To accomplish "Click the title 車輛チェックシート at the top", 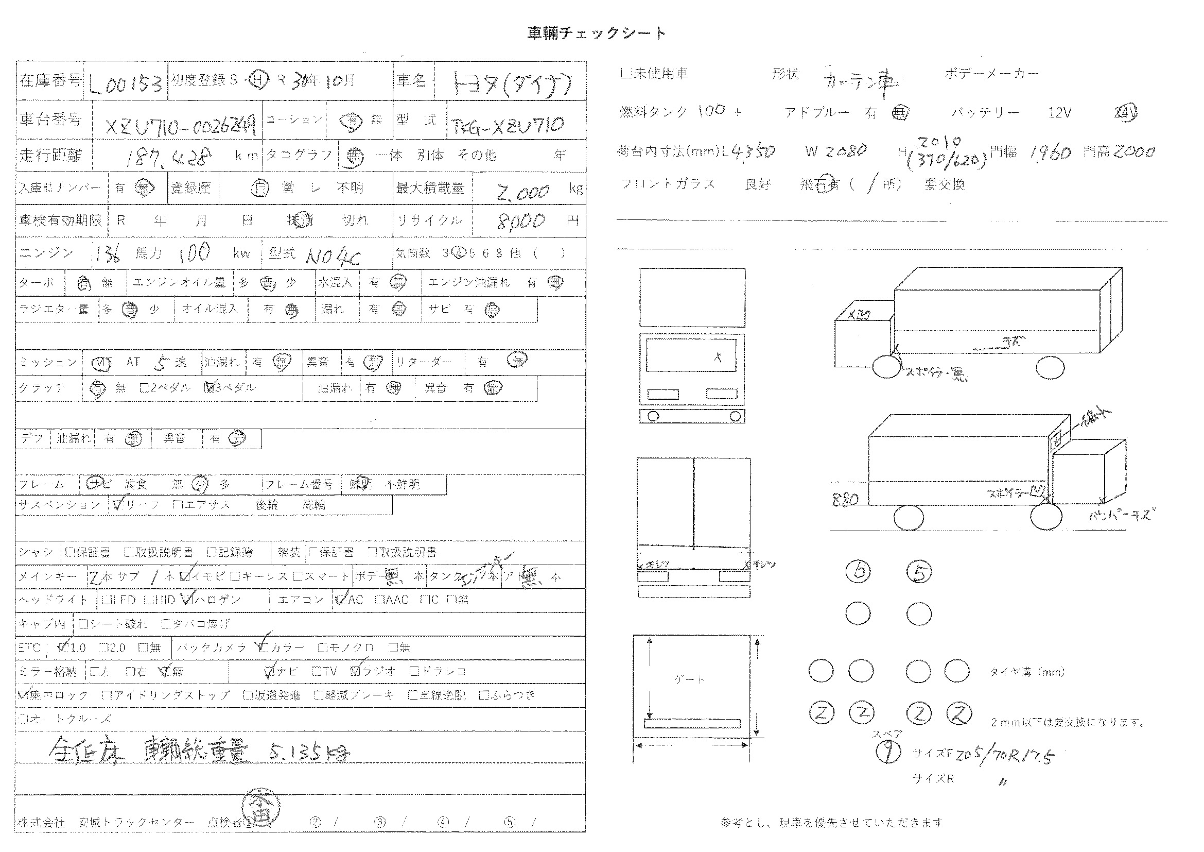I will [x=596, y=33].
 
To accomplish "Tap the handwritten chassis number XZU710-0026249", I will [x=180, y=125].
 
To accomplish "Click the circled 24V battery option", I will [x=1125, y=113].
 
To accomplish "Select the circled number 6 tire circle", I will [x=859, y=571].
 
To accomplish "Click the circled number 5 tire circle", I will [x=919, y=571].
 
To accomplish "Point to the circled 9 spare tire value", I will [x=888, y=752].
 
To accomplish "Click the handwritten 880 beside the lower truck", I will [x=845, y=499].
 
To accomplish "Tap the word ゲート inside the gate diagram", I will [x=689, y=679].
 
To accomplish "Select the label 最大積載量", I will [x=430, y=188].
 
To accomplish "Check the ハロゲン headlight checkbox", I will [x=187, y=599].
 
